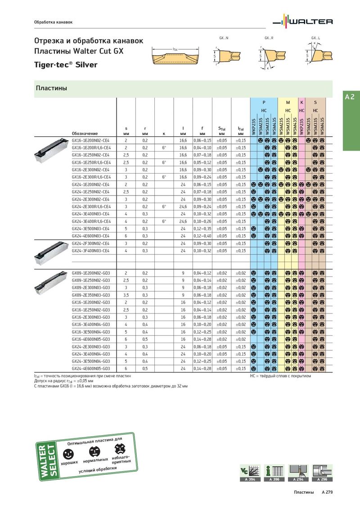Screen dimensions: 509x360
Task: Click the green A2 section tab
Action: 350,97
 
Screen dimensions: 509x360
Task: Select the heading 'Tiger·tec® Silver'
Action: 66,65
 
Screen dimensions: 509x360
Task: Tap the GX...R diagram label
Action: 269,38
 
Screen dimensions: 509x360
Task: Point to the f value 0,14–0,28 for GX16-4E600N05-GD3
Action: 202,339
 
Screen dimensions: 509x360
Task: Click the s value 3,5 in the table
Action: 126,295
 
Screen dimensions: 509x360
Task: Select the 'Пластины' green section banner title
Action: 51,89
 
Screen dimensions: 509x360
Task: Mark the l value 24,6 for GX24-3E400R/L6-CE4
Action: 183,221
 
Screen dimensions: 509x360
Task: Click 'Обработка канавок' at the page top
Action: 54,22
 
